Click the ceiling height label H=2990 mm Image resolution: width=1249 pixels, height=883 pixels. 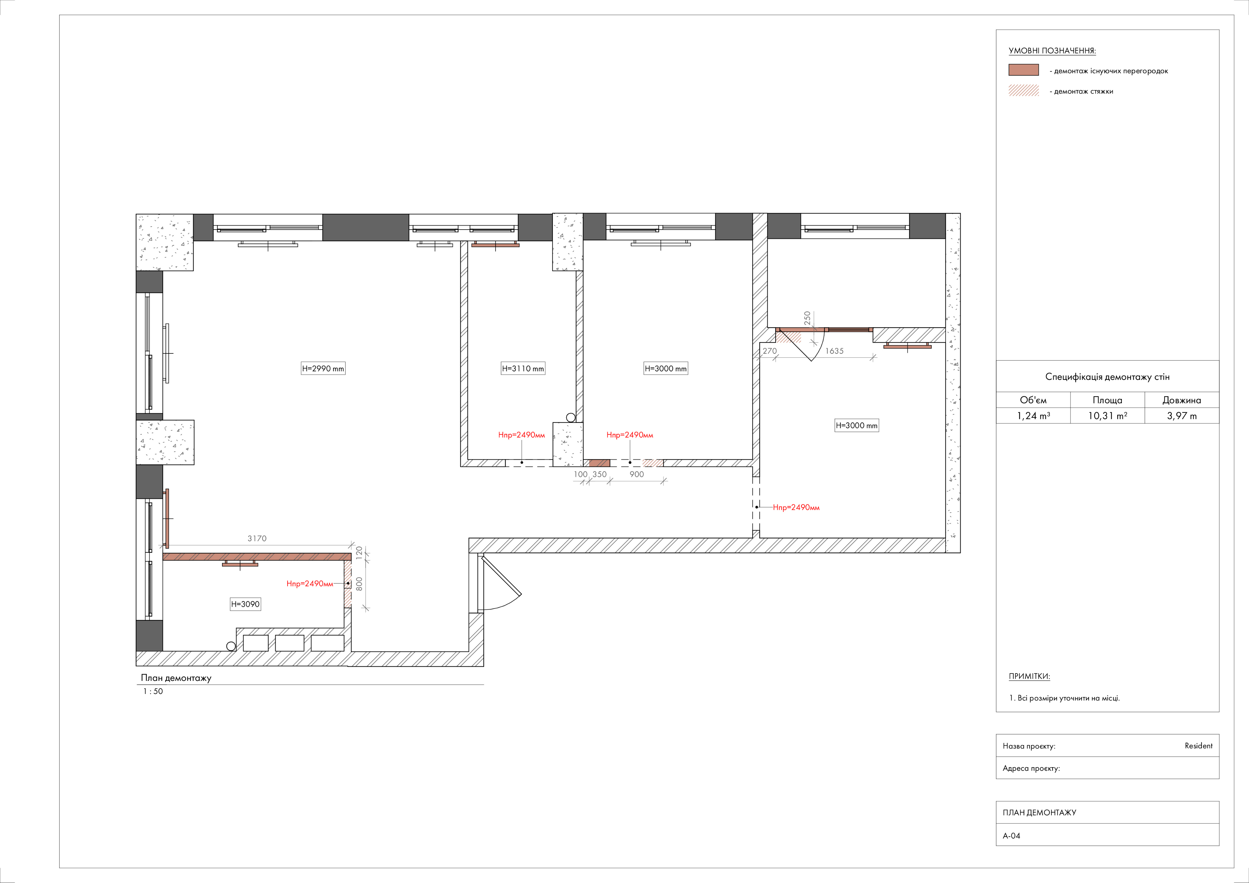[323, 368]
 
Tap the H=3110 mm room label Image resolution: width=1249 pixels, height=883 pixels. [523, 368]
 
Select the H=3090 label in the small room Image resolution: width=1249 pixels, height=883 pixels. [245, 604]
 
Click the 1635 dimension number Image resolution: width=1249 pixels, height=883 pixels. [835, 351]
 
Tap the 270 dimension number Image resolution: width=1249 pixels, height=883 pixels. [770, 351]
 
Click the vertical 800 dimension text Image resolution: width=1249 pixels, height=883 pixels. [359, 584]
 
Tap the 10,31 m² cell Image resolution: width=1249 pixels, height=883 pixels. [1108, 416]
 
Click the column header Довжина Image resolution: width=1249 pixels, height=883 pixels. [1182, 400]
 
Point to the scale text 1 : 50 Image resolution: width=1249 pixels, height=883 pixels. [153, 692]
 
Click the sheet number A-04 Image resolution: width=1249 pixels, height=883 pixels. [1012, 836]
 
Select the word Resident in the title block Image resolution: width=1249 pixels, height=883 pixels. [1198, 746]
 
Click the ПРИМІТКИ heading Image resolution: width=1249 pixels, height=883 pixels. [1029, 676]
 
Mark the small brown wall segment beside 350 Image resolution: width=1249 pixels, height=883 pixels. [599, 463]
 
